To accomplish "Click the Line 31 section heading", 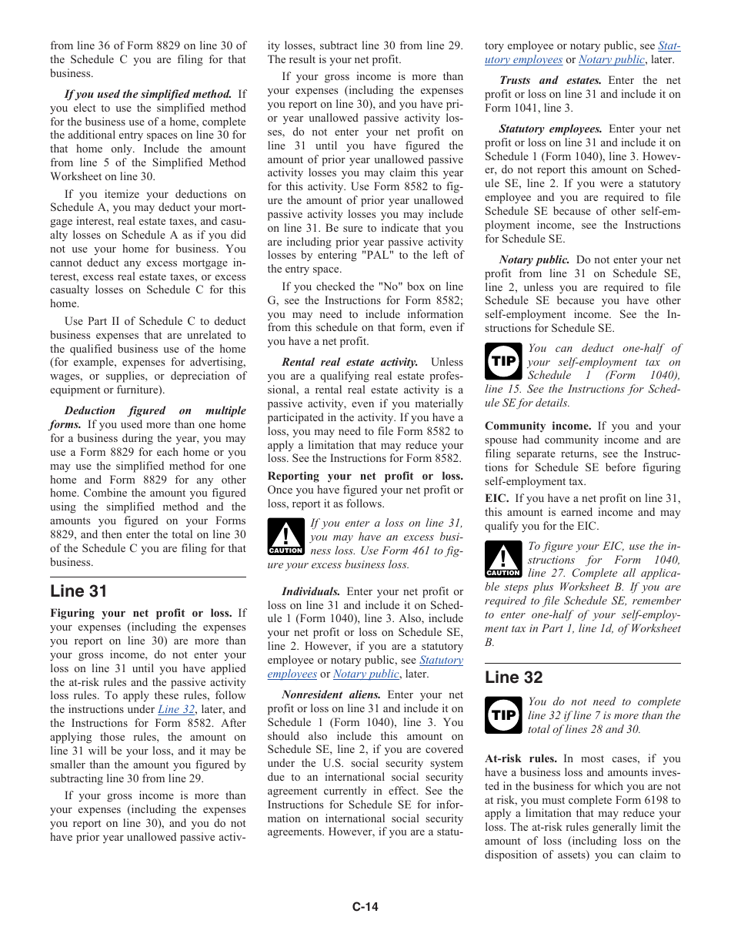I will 78,591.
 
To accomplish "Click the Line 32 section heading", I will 513,677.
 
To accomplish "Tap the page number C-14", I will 365,906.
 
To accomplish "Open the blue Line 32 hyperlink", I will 176,710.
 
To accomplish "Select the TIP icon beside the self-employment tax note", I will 503,361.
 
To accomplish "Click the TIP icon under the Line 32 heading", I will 503,715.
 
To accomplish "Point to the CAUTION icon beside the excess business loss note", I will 285,537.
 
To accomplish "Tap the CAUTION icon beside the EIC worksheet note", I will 503,559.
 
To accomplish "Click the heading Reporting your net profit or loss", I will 365,477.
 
